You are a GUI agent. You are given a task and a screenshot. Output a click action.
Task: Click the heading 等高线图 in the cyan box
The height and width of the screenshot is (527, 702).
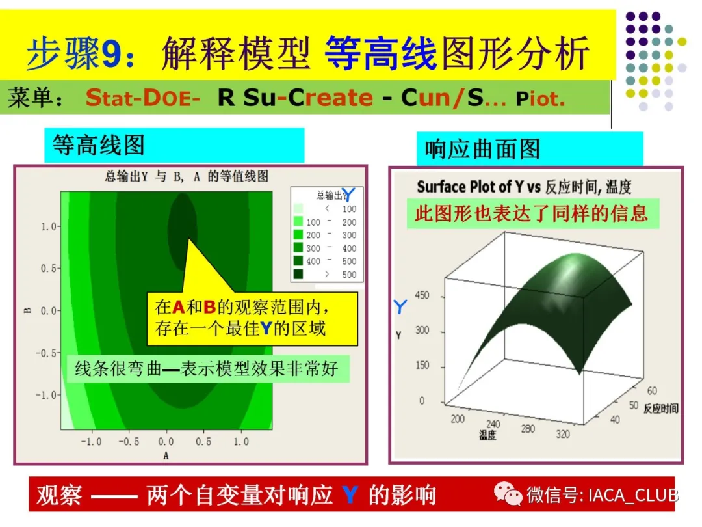pyautogui.click(x=99, y=145)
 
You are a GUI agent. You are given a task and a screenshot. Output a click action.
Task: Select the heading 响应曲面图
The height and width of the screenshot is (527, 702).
pyautogui.click(x=482, y=149)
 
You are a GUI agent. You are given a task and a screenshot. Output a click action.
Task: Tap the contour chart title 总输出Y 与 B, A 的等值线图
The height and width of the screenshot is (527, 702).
pyautogui.click(x=187, y=176)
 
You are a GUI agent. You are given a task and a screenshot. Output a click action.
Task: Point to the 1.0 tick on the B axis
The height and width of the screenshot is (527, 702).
pyautogui.click(x=49, y=226)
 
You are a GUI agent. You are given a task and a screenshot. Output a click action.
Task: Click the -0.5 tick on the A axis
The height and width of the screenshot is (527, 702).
pyautogui.click(x=129, y=441)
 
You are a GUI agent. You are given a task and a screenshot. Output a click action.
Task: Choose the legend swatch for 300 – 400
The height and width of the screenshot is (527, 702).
pyautogui.click(x=298, y=248)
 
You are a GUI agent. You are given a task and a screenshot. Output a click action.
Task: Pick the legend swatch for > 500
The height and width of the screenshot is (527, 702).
pyautogui.click(x=298, y=274)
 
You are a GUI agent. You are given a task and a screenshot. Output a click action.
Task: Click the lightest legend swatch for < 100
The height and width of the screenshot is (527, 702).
pyautogui.click(x=298, y=208)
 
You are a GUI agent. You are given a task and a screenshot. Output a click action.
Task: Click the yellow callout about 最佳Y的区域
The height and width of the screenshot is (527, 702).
pyautogui.click(x=252, y=319)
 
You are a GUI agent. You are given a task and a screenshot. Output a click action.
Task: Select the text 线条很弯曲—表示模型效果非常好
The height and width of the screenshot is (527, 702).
pyautogui.click(x=207, y=369)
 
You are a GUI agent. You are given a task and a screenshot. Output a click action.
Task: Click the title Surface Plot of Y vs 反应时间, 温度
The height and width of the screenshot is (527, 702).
pyautogui.click(x=524, y=187)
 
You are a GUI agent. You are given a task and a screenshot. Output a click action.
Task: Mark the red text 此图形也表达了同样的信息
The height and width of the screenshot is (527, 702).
pyautogui.click(x=532, y=214)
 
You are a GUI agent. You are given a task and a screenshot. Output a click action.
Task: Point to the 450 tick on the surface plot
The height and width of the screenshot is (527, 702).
pyautogui.click(x=422, y=295)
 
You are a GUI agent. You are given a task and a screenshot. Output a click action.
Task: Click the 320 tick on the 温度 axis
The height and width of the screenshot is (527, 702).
pyautogui.click(x=563, y=433)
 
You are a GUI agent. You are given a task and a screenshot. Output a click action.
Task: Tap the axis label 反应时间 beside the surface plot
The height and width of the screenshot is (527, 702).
pyautogui.click(x=661, y=408)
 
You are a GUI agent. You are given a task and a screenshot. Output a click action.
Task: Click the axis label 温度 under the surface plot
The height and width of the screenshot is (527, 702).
pyautogui.click(x=487, y=435)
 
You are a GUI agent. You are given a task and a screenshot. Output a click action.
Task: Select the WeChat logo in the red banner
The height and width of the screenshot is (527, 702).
pyautogui.click(x=508, y=494)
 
